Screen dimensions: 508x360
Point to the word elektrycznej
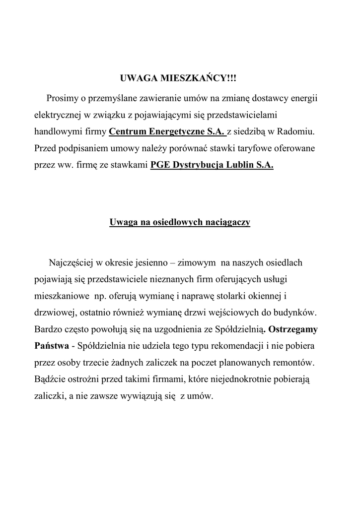(x=56, y=115)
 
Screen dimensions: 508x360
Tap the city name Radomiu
(x=297, y=132)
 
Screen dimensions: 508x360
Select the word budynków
(x=294, y=314)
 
